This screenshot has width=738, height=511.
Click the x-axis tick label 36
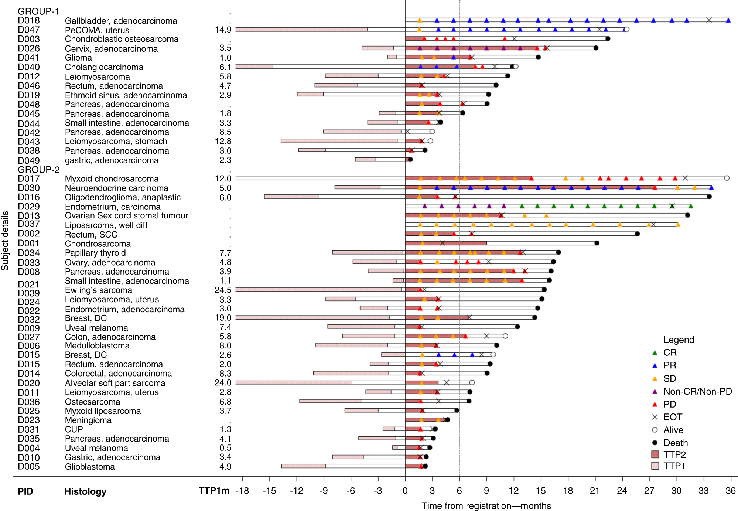[730, 491]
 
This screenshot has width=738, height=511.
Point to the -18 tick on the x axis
[242, 491]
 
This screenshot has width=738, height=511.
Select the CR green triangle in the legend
[655, 353]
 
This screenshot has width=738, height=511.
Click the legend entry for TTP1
[674, 466]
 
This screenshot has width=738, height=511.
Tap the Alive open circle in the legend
[655, 430]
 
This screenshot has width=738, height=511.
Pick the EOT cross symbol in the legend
[655, 417]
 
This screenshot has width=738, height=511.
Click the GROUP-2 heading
[39, 170]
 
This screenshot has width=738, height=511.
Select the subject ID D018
[29, 21]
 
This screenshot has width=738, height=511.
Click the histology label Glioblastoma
[90, 467]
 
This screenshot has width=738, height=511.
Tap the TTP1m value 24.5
[223, 290]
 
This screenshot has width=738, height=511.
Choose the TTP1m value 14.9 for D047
[223, 30]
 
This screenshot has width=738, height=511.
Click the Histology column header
[85, 491]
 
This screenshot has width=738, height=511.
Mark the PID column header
[25, 491]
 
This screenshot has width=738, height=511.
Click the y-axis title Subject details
[5, 241]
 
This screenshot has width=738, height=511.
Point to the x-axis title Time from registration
[486, 506]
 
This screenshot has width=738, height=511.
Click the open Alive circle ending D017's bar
[727, 178]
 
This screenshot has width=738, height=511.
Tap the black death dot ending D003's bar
[608, 38]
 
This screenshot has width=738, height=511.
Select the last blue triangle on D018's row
[728, 21]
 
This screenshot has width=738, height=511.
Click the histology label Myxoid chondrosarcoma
[112, 179]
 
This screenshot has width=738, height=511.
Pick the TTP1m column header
[214, 491]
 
